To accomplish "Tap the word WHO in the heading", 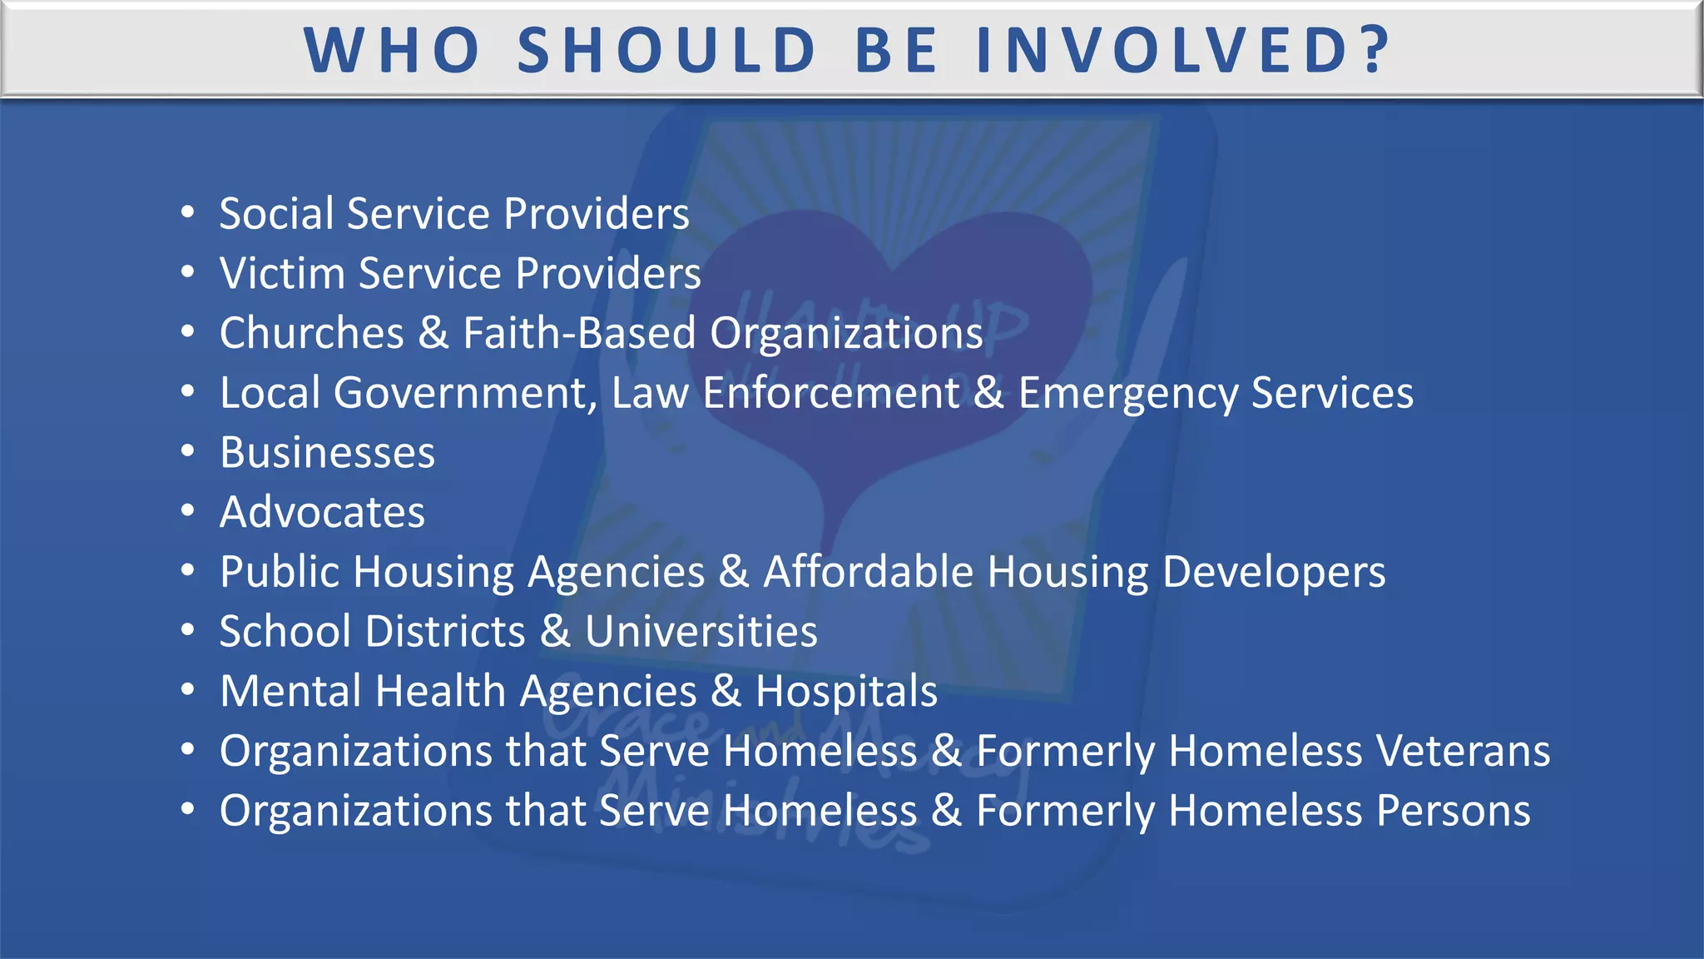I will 392,50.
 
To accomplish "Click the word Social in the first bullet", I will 276,214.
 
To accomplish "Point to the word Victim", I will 282,274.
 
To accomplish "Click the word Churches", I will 311,334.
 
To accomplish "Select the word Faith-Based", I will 579,334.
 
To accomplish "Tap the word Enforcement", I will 830,393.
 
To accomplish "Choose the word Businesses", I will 327,453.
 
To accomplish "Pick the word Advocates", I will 322,512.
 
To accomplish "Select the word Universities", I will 701,632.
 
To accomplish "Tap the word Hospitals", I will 846,692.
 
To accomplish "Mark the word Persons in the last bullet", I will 1453,811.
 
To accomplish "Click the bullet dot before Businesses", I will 188,452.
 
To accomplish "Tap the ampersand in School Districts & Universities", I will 555,632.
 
